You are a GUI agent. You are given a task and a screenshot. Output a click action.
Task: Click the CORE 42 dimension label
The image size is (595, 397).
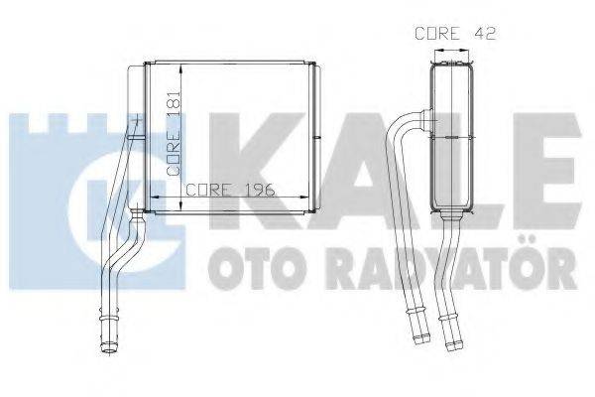pos(454,33)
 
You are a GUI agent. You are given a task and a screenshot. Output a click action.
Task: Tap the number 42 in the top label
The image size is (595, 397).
pos(485,33)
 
